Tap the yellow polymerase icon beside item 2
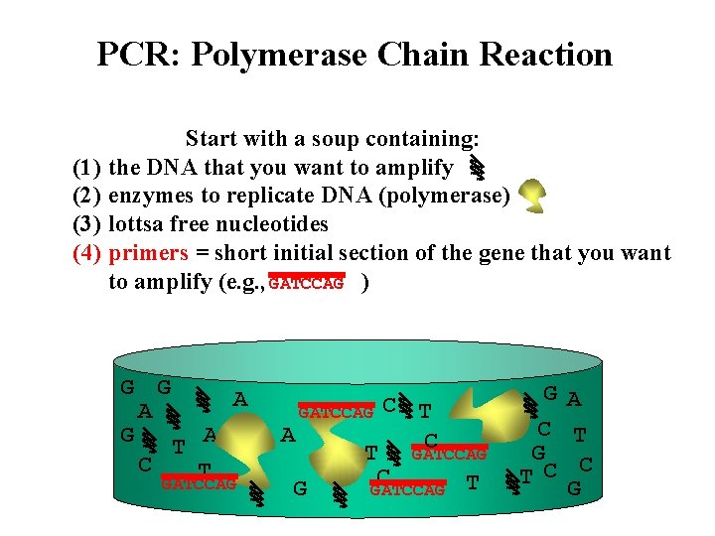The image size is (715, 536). coord(534,196)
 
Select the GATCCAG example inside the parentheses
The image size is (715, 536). coord(306,283)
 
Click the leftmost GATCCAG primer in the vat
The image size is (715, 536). coord(199,483)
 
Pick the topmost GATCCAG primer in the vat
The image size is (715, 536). coord(336,411)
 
